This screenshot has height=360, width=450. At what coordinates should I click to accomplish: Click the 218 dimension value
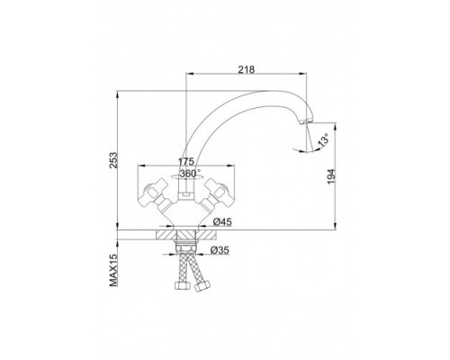point(247,69)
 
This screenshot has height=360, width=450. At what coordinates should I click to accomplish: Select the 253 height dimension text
point(114,160)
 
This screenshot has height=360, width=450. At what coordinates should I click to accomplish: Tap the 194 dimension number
point(330,176)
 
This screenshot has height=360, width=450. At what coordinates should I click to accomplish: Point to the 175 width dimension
point(186,161)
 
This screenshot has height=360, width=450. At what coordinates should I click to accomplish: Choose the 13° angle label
point(323,141)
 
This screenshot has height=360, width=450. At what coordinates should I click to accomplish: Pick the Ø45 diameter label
point(222,222)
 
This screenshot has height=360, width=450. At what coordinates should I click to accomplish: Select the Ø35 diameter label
point(220,250)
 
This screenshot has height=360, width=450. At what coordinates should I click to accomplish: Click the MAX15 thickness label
point(113,269)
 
